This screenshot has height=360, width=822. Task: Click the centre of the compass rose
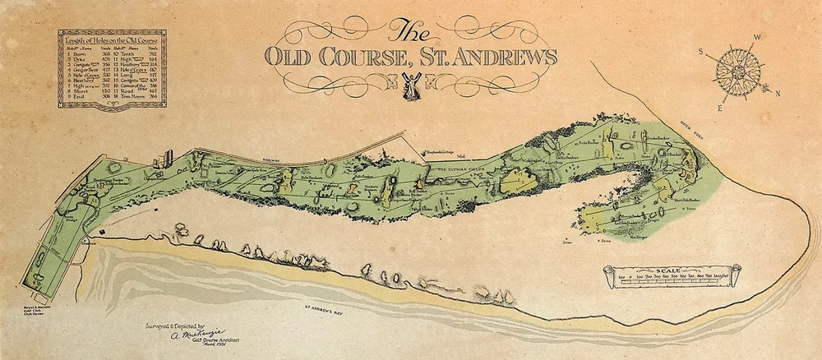pyautogui.click(x=735, y=69)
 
